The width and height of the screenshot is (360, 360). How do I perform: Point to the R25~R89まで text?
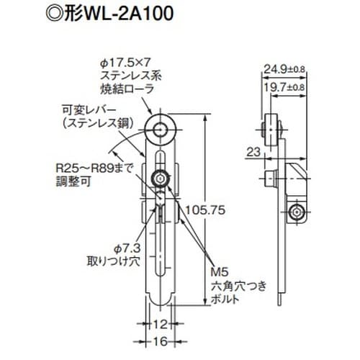89,168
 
